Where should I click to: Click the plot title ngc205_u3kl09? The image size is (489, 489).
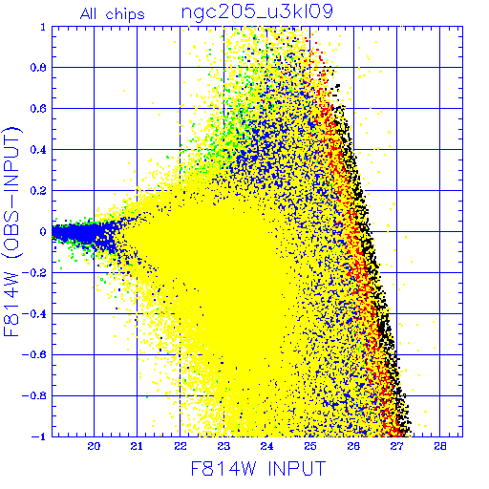click(x=257, y=11)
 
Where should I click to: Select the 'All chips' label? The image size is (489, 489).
click(x=113, y=14)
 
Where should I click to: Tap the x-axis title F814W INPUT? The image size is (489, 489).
click(x=258, y=468)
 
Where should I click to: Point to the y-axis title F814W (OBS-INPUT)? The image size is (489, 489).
click(x=11, y=231)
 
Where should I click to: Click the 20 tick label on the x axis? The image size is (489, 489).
click(x=94, y=446)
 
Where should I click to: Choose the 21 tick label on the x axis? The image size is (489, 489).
click(x=137, y=446)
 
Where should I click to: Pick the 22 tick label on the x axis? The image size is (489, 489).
click(x=181, y=446)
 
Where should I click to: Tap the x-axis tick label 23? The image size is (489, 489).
click(x=223, y=446)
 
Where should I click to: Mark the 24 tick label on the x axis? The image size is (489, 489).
click(x=266, y=446)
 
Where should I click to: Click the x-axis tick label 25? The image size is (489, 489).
click(x=310, y=446)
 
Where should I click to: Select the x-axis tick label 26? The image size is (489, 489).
click(x=353, y=446)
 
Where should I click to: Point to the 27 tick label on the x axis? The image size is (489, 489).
click(x=396, y=446)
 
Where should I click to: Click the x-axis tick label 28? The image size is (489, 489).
click(x=440, y=446)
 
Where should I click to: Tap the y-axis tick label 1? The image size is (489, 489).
click(x=43, y=27)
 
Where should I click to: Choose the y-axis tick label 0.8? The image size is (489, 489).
click(x=38, y=68)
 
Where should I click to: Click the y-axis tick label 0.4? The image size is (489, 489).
click(x=38, y=150)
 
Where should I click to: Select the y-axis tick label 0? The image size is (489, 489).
click(x=43, y=232)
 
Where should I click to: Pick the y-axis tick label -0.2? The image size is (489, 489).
click(x=34, y=273)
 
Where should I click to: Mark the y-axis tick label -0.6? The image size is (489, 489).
click(x=34, y=355)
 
